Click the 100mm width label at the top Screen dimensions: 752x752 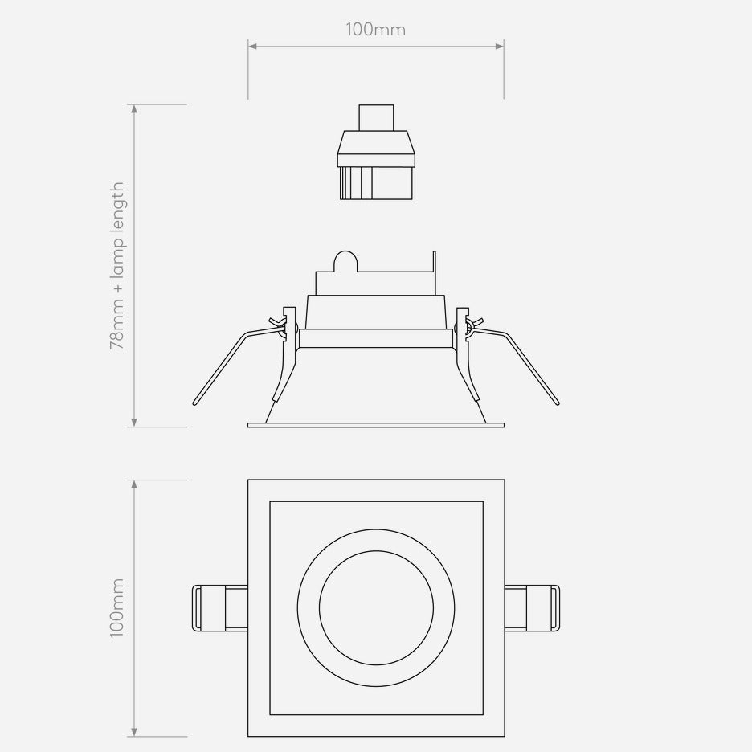[x=375, y=30]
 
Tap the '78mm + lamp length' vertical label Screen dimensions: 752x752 [x=117, y=265]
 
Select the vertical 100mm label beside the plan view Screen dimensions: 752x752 [x=117, y=607]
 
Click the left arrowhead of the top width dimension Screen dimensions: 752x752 [x=251, y=47]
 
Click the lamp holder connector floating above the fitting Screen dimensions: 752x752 [x=376, y=165]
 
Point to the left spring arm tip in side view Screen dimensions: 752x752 [x=195, y=400]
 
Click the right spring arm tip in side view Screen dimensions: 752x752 [x=557, y=400]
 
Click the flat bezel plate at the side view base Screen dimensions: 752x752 [x=376, y=423]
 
